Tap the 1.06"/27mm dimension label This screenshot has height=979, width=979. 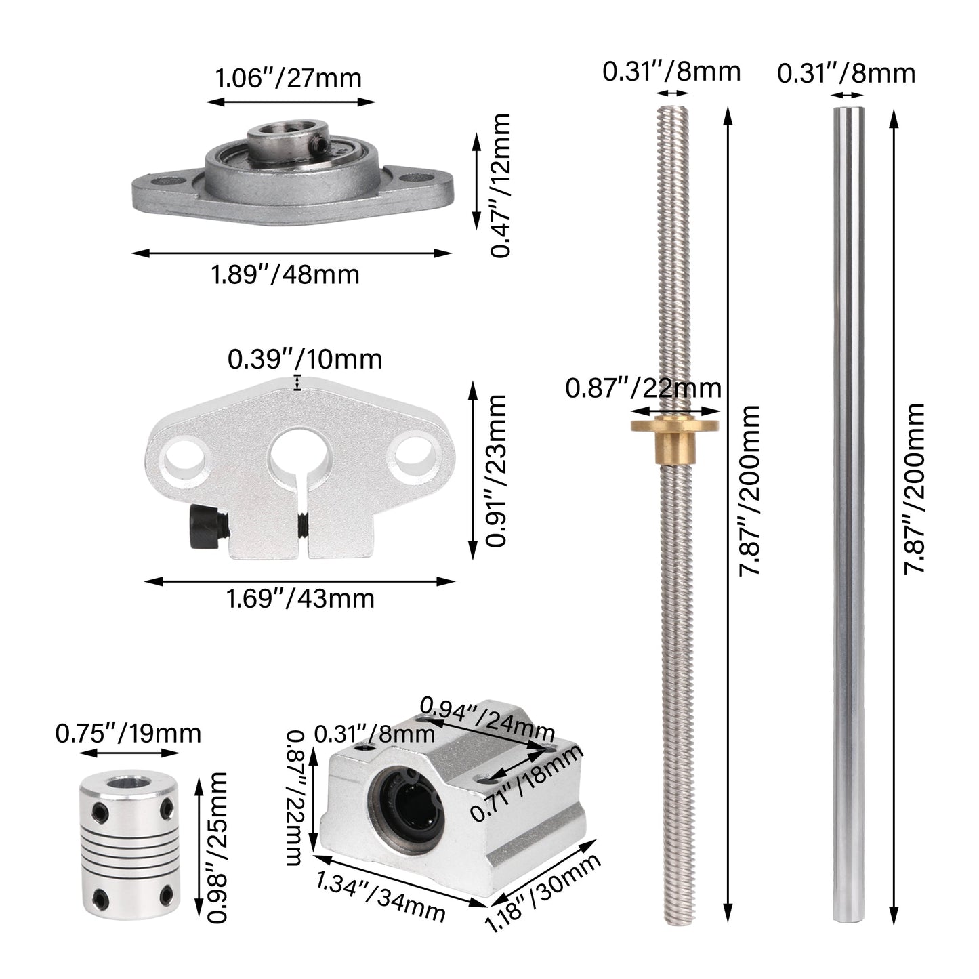point(288,79)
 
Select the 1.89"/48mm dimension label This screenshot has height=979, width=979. point(285,274)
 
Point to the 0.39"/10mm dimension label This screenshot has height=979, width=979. point(305,359)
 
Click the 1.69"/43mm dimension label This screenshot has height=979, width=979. point(300,599)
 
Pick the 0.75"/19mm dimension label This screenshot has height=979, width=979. point(128,733)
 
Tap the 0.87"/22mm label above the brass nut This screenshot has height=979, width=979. point(643,389)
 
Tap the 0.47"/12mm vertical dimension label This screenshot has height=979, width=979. point(501,186)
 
